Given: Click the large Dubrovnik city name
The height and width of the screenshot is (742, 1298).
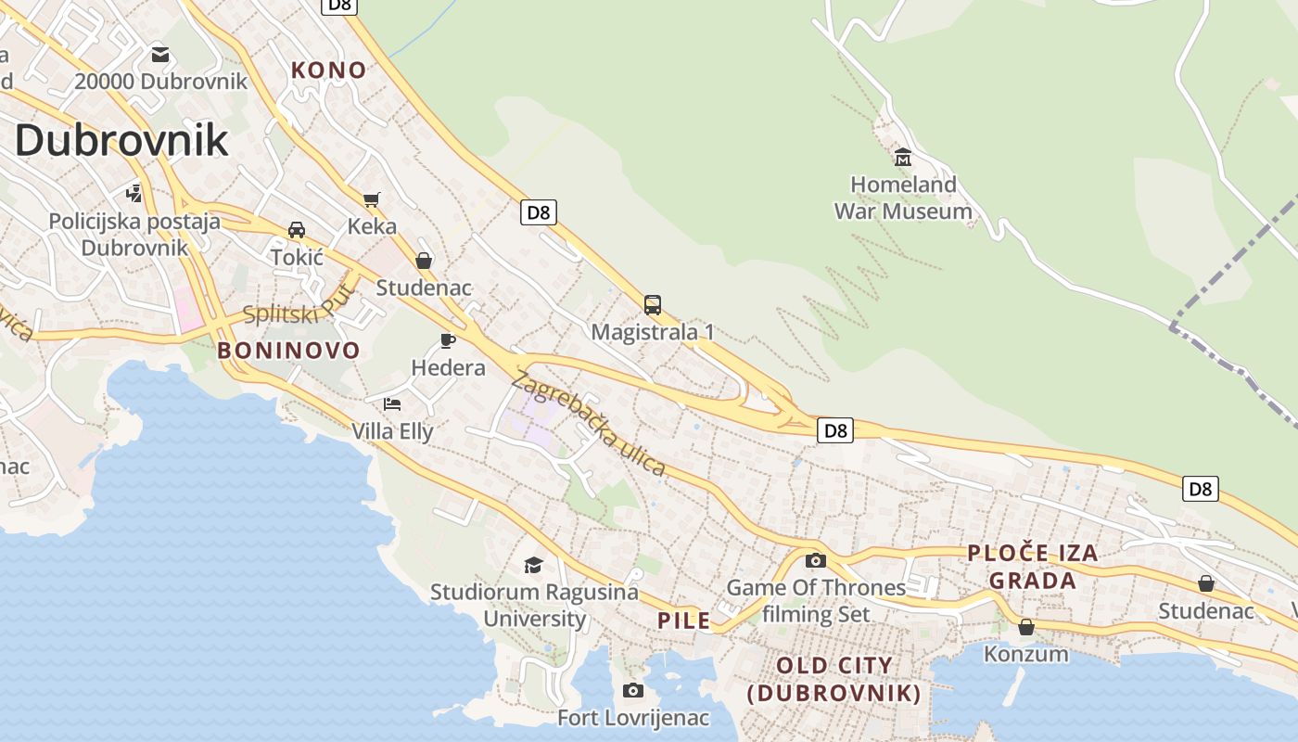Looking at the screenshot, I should click(121, 140).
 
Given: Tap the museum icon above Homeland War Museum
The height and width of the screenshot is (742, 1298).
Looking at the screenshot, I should click(902, 157).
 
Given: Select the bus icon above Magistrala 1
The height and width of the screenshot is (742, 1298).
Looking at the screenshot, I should click(653, 304).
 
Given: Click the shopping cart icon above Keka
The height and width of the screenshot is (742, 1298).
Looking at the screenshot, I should click(372, 198).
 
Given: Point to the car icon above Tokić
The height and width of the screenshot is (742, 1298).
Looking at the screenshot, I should click(297, 229).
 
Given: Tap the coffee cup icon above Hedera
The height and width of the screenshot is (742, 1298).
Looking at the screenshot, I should click(448, 340).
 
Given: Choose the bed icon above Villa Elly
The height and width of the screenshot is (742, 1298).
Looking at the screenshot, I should click(392, 403).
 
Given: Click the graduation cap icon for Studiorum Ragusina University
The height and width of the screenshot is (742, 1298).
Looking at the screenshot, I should click(533, 564).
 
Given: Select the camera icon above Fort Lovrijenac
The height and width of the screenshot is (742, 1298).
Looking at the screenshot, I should click(633, 690).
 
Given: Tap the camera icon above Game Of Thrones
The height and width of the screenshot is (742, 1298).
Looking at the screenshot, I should click(816, 560).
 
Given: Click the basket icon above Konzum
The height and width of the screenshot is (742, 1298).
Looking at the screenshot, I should click(1026, 627).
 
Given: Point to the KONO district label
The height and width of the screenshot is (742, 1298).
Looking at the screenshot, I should click(328, 70).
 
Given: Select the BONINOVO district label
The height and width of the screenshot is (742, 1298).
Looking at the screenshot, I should click(288, 351).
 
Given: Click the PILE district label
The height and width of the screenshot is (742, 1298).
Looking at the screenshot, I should click(684, 620).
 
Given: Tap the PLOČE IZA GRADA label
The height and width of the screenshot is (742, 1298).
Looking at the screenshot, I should click(1032, 567).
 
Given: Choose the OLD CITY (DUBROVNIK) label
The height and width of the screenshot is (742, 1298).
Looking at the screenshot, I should click(834, 679).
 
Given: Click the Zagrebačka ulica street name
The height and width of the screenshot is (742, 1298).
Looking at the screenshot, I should click(589, 424).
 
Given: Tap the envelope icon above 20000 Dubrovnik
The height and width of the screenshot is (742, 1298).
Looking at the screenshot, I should click(160, 54).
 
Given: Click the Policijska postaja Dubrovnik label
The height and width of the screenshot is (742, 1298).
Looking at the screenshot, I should click(134, 235).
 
